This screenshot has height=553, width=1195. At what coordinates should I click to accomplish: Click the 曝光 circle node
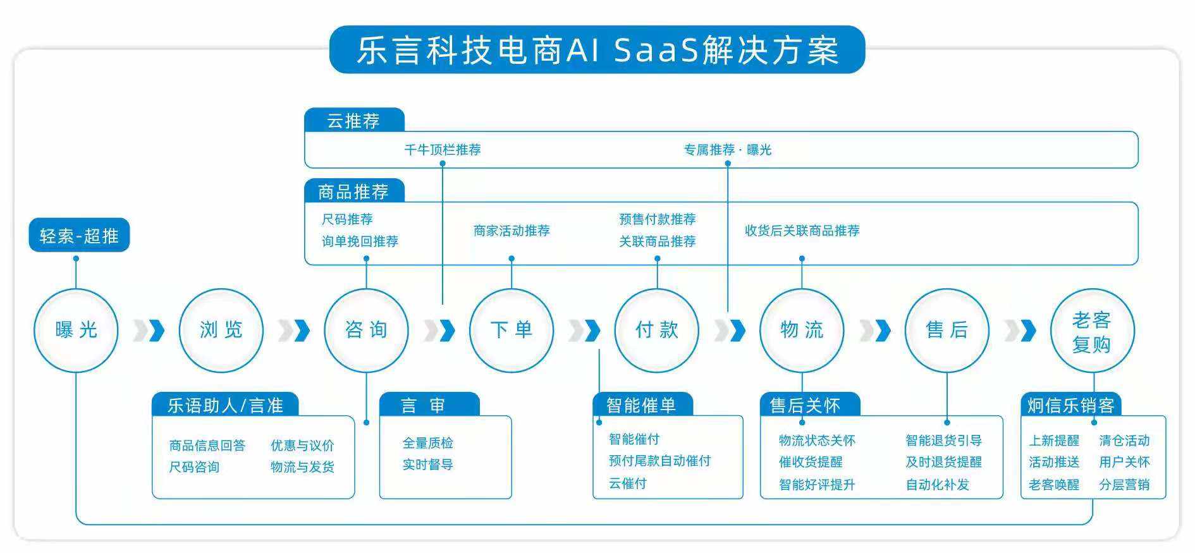pyautogui.click(x=76, y=330)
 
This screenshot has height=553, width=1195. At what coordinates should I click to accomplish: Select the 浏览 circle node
pyautogui.click(x=221, y=330)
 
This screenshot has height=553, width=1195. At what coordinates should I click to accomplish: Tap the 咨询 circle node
pyautogui.click(x=366, y=330)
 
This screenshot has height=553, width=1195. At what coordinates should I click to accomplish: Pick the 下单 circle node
pyautogui.click(x=512, y=330)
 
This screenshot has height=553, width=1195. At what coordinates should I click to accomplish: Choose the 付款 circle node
pyautogui.click(x=656, y=330)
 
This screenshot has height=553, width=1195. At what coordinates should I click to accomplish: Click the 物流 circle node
pyautogui.click(x=802, y=330)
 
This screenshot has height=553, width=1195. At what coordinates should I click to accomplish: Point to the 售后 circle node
pyautogui.click(x=947, y=330)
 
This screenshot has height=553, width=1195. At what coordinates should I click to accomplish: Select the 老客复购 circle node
pyautogui.click(x=1092, y=331)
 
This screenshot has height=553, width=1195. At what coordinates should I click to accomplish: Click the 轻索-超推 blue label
pyautogui.click(x=79, y=236)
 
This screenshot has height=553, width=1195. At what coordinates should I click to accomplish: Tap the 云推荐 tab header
pyautogui.click(x=353, y=121)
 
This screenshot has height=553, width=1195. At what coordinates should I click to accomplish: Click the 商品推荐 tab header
pyautogui.click(x=353, y=191)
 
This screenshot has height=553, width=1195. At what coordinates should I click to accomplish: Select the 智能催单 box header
pyautogui.click(x=642, y=405)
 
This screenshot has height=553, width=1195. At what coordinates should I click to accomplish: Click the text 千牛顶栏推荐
pyautogui.click(x=443, y=150)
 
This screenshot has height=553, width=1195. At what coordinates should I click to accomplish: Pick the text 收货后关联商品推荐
pyautogui.click(x=802, y=231)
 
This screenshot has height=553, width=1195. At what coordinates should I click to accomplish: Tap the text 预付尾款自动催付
pyautogui.click(x=659, y=461)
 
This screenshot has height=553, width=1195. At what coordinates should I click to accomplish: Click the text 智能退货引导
pyautogui.click(x=943, y=441)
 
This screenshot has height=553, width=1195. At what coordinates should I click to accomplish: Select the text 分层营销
pyautogui.click(x=1124, y=485)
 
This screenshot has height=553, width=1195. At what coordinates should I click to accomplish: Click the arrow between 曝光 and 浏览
pyautogui.click(x=149, y=330)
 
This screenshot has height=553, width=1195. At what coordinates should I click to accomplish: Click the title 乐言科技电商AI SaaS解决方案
pyautogui.click(x=597, y=50)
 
